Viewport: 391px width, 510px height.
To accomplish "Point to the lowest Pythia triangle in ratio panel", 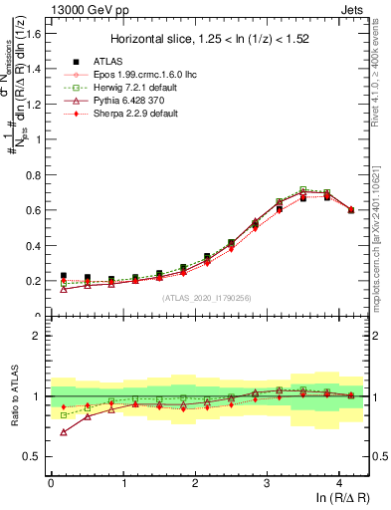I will click(65, 432).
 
